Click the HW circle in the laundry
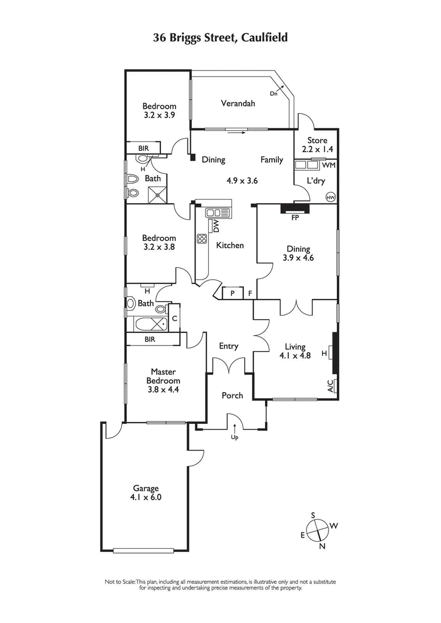pos(331,196)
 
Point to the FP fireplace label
pos(295,218)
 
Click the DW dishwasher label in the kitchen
pos(216,226)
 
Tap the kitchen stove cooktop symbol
pos(202,239)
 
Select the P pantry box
pos(233,293)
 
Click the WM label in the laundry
pos(328,165)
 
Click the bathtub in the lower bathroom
pos(149,323)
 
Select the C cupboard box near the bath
pos(174,318)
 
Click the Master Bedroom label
pos(163,380)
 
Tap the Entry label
pos(228,346)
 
